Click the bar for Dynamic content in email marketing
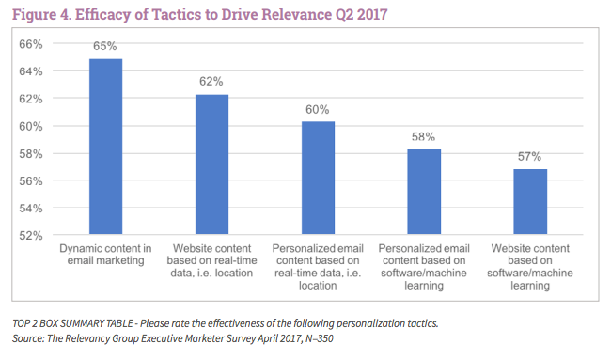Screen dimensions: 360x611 tap(105, 147)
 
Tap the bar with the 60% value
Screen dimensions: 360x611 tap(318, 178)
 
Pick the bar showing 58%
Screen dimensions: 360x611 tap(424, 192)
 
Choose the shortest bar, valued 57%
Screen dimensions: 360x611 tap(530, 201)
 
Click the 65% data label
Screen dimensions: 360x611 tap(105, 45)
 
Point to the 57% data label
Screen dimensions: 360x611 tap(530, 157)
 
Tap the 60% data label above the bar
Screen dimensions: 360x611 tap(318, 109)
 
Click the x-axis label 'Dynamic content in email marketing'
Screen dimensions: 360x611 tap(105, 254)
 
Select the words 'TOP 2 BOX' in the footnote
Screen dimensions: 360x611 tap(44, 322)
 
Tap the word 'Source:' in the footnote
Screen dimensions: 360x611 tap(33, 337)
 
